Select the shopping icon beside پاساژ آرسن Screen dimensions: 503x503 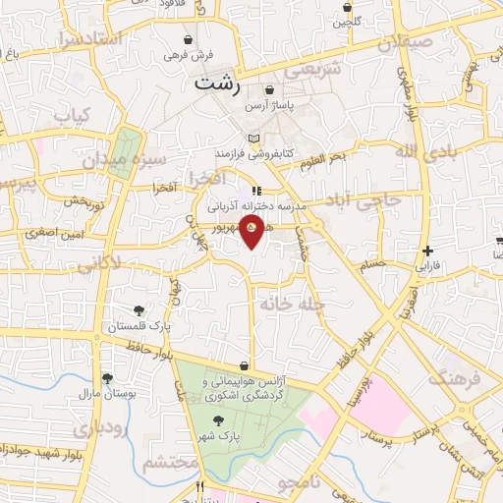(x=269, y=90)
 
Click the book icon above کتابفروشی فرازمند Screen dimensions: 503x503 (x=255, y=137)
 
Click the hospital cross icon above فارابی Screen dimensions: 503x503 (x=427, y=251)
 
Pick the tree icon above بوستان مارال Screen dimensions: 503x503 (x=107, y=379)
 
